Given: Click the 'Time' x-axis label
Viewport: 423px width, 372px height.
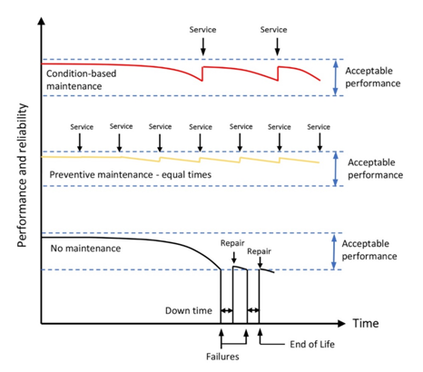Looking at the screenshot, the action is pos(366,323).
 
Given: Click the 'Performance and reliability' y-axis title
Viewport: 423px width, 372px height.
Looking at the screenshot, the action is pos(22,175).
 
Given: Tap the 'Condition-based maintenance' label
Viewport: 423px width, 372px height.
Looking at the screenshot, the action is pos(81,80).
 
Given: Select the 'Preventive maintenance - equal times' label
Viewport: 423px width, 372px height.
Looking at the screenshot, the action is pos(131,175).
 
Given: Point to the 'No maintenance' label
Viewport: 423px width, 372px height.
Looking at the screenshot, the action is pos(85,249).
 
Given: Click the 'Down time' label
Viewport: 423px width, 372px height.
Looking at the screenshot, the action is pos(189,310).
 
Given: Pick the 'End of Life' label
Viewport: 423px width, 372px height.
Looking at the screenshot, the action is pos(312,344).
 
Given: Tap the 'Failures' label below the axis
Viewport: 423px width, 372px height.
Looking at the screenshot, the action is pos(222,357).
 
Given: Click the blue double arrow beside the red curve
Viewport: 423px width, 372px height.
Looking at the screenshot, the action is pos(335,77).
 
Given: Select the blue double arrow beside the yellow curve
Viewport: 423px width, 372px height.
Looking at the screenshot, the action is pos(335,169).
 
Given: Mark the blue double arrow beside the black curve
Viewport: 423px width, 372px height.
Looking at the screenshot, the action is pos(334,251).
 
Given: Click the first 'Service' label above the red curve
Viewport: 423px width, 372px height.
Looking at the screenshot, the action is pos(202,30).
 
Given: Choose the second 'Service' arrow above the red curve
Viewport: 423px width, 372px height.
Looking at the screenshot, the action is pos(277,46).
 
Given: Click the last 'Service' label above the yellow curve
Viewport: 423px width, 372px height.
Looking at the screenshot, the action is pos(319,127).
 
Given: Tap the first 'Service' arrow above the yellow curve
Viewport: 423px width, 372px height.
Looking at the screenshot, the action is pos(80,142).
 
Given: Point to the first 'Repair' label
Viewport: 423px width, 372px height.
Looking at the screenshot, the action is pos(232,243).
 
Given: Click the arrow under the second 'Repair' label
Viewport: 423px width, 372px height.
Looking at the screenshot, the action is pos(260,262).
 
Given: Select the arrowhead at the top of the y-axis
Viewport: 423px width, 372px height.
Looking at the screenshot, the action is pos(42,21).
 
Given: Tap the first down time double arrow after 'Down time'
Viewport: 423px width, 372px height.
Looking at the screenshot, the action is pos(227,310).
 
